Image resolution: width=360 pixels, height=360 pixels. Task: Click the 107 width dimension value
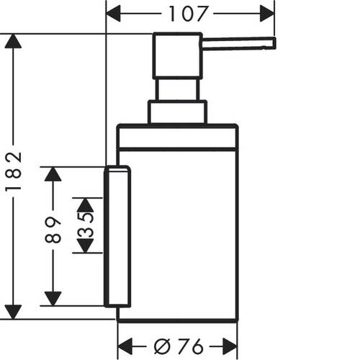(188, 14)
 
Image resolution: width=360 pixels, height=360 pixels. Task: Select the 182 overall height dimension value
(14, 171)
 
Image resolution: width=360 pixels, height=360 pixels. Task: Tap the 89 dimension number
(53, 230)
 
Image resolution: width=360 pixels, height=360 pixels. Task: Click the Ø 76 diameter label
(179, 346)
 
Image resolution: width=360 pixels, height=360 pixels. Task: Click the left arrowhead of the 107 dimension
(113, 14)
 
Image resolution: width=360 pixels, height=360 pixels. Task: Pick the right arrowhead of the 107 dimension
(267, 14)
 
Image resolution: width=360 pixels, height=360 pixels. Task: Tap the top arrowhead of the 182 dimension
(13, 41)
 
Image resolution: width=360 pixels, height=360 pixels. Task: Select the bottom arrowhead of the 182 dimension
(13, 312)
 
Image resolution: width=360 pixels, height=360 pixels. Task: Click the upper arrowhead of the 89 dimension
(53, 174)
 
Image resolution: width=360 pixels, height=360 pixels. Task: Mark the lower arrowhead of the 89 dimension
(53, 299)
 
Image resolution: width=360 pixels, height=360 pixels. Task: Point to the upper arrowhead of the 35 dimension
(85, 205)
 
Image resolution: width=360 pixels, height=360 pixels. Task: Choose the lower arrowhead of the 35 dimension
(85, 246)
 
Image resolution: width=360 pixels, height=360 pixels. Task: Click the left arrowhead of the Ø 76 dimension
(125, 346)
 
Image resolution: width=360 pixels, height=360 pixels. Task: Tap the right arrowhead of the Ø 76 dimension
(230, 346)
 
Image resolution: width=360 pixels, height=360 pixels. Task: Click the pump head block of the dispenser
(178, 56)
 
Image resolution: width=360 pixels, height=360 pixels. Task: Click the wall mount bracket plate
(117, 236)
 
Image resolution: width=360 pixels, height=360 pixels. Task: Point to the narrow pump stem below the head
(178, 89)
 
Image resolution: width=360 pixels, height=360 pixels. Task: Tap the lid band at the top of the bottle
(178, 138)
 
